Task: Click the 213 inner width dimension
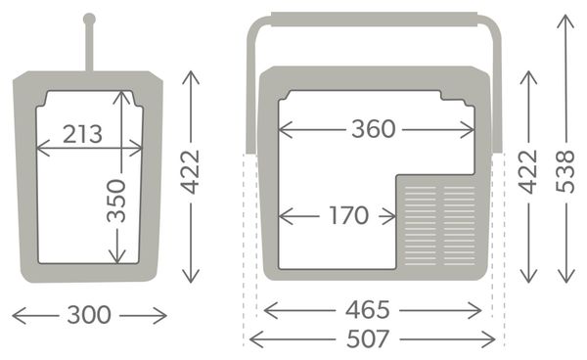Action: [82, 134]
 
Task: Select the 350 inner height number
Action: [116, 201]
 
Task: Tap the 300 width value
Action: [89, 315]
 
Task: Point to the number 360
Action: [374, 129]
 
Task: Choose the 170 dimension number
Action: [348, 215]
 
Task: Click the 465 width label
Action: [368, 310]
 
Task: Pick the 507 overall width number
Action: [368, 339]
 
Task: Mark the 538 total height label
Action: [565, 171]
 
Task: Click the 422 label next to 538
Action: [528, 172]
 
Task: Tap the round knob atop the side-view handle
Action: [89, 19]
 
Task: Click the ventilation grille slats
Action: [439, 225]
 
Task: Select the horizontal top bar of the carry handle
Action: [375, 20]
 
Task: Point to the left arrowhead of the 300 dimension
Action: [19, 315]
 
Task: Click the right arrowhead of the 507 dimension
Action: [488, 339]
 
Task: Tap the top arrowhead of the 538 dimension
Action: [565, 22]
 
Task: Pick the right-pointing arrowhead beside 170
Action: [389, 216]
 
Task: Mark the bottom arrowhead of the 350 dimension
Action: [117, 256]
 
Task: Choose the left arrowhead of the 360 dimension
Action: [286, 130]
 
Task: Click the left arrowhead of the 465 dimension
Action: [271, 311]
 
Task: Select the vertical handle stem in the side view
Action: [89, 47]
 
